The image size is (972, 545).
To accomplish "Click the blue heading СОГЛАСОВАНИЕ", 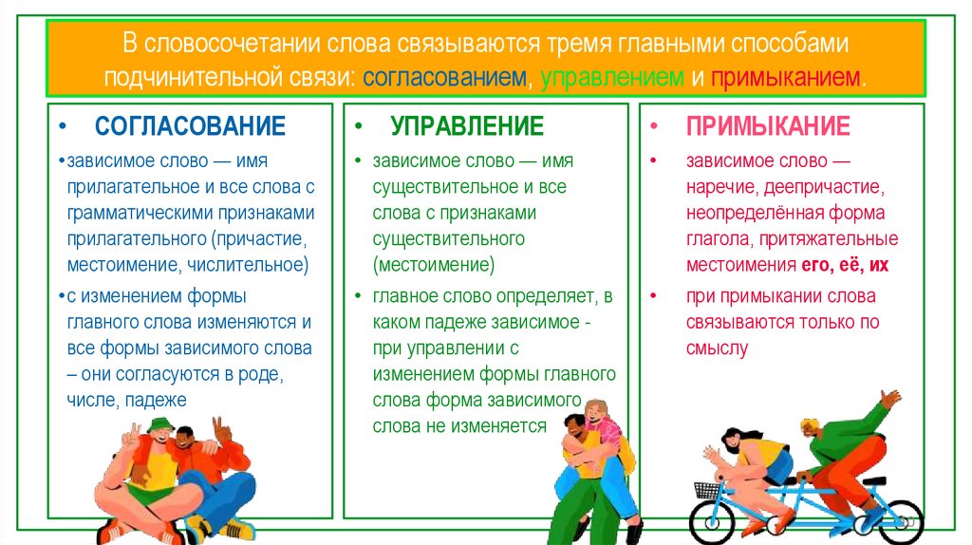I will click(190, 126).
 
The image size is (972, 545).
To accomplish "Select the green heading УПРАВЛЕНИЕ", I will click(467, 126).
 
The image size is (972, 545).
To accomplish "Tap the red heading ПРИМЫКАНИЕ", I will click(768, 126).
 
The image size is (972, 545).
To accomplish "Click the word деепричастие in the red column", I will click(836, 187).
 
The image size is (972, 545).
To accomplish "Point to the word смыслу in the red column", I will click(717, 348).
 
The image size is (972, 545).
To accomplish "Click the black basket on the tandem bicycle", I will click(708, 491).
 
